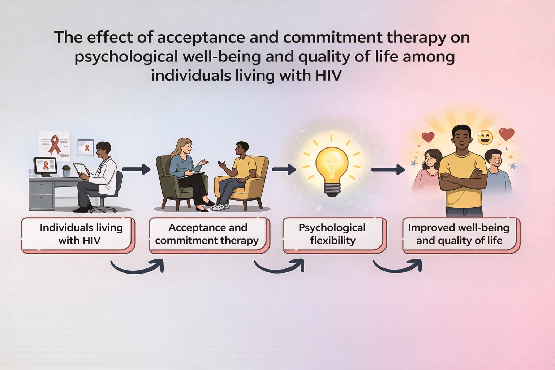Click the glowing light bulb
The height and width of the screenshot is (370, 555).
point(331,171)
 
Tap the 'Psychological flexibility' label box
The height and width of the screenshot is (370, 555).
point(335,235)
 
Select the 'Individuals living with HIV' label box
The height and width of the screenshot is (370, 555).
point(78,235)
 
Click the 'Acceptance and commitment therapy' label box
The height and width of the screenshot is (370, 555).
point(209,235)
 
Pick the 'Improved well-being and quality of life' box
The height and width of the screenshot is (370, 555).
point(461,235)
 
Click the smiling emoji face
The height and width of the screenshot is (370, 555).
point(485,137)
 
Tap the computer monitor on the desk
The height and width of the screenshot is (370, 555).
point(46,167)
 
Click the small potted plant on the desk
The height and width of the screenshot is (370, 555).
point(66,171)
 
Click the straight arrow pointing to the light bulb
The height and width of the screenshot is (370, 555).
point(284,169)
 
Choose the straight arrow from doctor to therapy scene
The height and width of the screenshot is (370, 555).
point(136,169)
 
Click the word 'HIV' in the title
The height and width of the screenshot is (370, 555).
point(328,76)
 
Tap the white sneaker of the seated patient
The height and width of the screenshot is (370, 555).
point(220,207)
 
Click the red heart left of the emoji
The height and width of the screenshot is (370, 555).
point(428,137)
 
